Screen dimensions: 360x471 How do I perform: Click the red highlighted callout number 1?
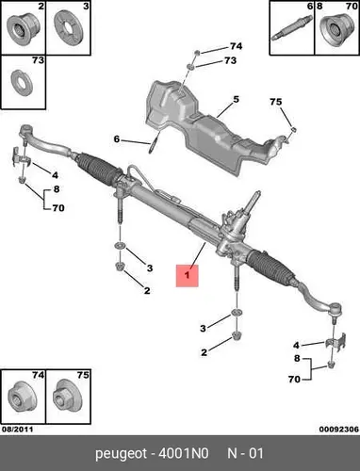coord(188,276)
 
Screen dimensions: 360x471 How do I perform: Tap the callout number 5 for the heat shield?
coord(236,99)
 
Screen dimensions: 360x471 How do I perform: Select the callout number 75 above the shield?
coord(275,102)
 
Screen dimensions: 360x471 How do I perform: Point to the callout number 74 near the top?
coord(236,46)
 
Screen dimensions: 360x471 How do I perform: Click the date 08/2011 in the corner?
coord(17,430)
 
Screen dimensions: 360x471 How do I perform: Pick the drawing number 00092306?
coord(339,430)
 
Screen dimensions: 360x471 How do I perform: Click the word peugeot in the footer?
coord(121,454)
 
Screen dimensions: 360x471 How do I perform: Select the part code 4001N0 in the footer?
coord(184,453)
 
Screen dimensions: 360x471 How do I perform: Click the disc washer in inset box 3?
coord(70,28)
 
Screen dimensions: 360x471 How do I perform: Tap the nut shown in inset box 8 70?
coord(336,31)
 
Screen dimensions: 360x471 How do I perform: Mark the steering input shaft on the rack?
coord(254,202)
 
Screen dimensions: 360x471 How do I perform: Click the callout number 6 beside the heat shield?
coord(117,138)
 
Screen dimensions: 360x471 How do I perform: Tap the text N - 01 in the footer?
coord(245,453)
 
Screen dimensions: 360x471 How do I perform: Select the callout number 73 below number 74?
coord(230,60)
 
